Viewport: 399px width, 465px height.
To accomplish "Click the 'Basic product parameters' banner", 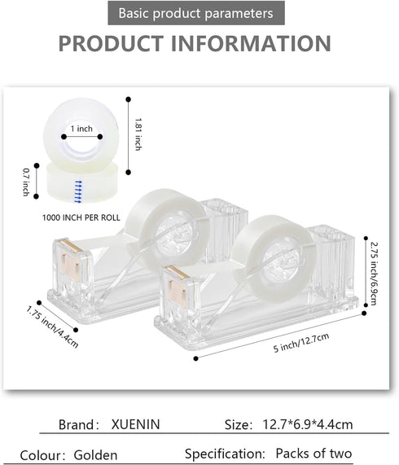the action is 196,13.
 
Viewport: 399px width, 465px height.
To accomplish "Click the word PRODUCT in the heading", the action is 112,43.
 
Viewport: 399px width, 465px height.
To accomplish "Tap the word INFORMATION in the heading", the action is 251,43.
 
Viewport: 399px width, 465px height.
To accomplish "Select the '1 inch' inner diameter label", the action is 81,129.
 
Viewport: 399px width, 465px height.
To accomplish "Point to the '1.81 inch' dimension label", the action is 138,134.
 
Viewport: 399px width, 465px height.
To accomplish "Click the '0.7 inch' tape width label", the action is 26,182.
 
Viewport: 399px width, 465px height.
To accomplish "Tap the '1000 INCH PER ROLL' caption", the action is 81,217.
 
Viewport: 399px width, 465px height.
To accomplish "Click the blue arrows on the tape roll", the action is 78,191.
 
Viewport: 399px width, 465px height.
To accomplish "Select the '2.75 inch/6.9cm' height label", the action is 374,274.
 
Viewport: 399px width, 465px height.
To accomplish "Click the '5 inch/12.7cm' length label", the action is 301,343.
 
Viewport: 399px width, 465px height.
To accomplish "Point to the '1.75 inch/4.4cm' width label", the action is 52,327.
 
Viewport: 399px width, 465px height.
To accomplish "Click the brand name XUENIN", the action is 135,424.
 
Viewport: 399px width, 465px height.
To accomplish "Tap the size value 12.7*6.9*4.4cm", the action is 308,424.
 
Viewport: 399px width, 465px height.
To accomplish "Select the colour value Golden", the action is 95,455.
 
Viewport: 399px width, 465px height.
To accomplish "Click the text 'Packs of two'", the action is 313,453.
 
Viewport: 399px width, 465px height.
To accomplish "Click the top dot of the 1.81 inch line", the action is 129,99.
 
